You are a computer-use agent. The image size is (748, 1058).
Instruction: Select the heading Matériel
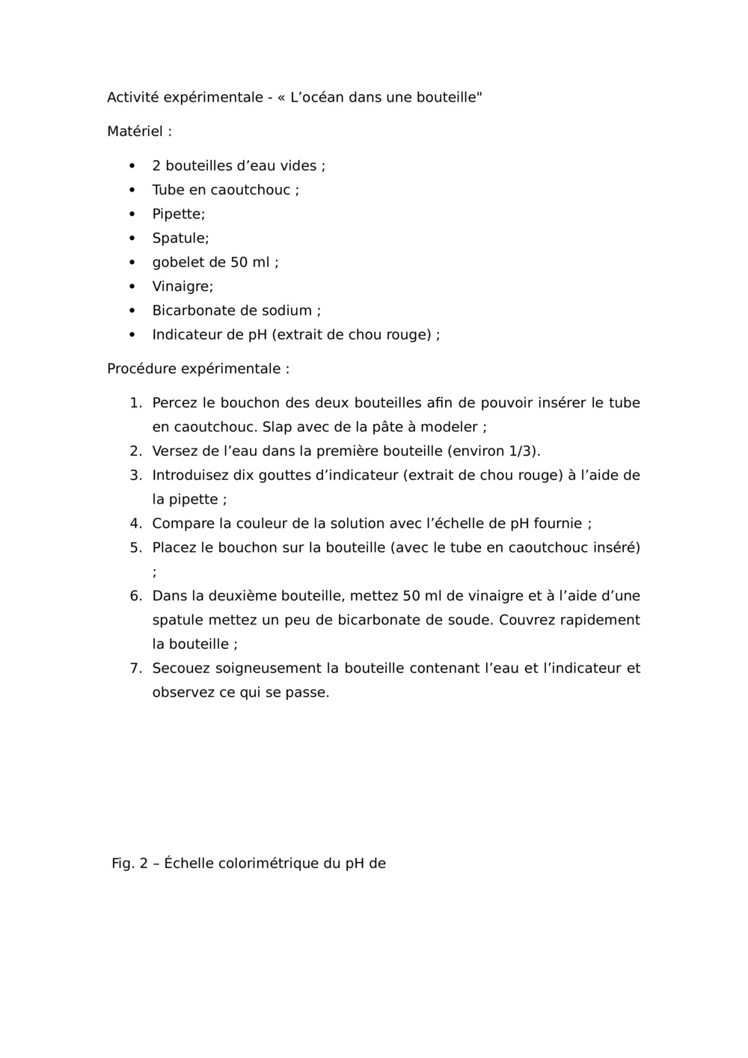pos(135,132)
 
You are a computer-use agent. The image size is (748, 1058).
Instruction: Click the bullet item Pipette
pos(177,214)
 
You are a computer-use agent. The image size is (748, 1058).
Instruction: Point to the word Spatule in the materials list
pos(180,239)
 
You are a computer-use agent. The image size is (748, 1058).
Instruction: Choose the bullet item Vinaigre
pos(182,286)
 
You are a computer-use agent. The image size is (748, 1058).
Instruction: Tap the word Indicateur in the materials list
pos(188,335)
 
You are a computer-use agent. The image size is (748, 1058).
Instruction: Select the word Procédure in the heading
pos(141,369)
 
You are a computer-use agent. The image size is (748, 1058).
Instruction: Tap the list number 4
pos(135,523)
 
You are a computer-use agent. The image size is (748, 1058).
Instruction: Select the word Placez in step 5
pos(174,547)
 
